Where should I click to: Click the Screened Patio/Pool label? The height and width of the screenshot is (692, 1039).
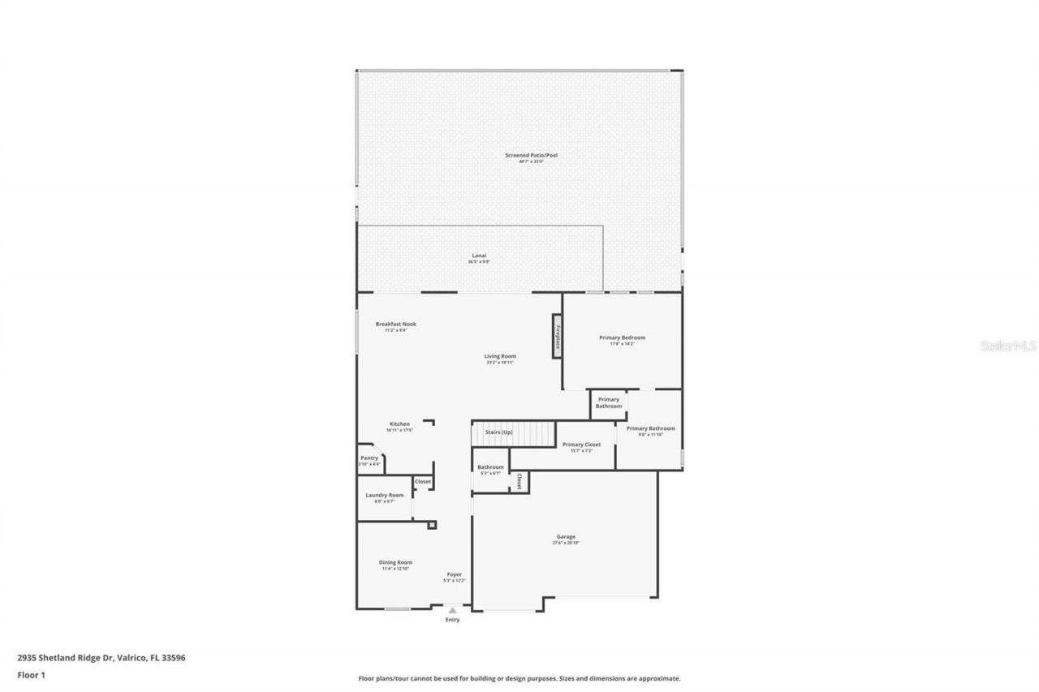tap(531, 155)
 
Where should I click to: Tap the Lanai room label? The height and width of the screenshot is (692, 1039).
tap(479, 256)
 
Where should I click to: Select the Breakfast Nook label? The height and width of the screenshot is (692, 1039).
tap(395, 324)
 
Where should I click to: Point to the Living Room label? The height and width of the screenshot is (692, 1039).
tap(500, 356)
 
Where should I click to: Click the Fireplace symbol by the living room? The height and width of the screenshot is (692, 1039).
tap(558, 335)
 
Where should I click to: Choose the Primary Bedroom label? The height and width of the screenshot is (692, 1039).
tap(622, 337)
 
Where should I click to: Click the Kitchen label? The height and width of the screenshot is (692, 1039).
tap(399, 424)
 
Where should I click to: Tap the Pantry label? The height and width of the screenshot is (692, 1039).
tap(369, 458)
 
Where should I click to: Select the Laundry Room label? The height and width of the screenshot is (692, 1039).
tap(384, 495)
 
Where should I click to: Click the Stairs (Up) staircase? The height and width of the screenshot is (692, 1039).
tap(513, 433)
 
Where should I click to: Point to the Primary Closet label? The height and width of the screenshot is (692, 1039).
tap(581, 445)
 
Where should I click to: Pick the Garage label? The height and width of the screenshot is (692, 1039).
tap(566, 537)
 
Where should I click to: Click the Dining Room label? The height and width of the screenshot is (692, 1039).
tap(395, 562)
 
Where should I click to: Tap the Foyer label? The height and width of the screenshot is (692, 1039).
tap(454, 574)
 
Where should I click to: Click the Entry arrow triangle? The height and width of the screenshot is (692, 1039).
tap(452, 610)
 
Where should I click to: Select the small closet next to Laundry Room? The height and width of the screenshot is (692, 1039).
tap(423, 482)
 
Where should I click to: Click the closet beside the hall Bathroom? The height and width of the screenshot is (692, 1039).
tap(519, 482)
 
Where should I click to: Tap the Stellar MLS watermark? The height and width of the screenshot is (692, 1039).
tap(1008, 345)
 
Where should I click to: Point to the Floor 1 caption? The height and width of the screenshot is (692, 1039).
tap(31, 674)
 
